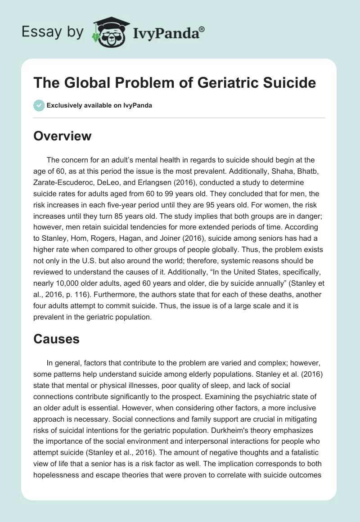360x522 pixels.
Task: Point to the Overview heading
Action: (x=62, y=136)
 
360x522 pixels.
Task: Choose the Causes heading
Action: (x=56, y=339)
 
